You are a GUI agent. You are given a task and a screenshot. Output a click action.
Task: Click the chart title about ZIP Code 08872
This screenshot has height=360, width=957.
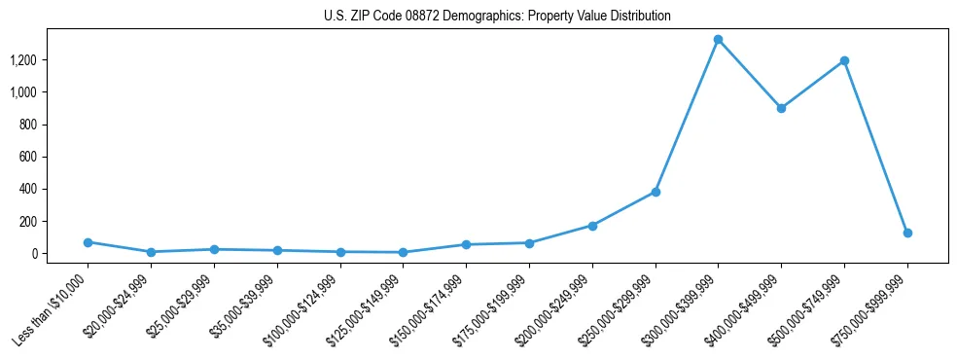coord(497,17)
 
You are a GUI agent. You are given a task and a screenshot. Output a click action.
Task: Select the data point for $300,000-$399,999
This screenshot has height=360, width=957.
coord(718,40)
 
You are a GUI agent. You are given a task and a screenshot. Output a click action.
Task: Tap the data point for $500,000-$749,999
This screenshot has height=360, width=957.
coord(844,60)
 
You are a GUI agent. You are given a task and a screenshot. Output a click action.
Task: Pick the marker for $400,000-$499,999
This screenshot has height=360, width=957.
coord(781,108)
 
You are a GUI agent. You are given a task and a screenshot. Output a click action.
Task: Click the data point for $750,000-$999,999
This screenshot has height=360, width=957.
coord(907,234)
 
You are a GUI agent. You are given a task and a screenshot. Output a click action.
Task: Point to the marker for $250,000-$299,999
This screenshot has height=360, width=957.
coord(656,192)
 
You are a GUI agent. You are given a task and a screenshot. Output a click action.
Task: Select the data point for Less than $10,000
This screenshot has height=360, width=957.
coord(88,242)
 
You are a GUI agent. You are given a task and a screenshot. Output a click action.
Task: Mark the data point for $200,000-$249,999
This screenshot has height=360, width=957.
coord(592,226)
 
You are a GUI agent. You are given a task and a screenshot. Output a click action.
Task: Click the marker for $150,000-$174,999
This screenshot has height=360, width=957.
coord(466,244)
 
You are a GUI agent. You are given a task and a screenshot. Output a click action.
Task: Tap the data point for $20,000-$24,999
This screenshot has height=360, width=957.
coord(151,252)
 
